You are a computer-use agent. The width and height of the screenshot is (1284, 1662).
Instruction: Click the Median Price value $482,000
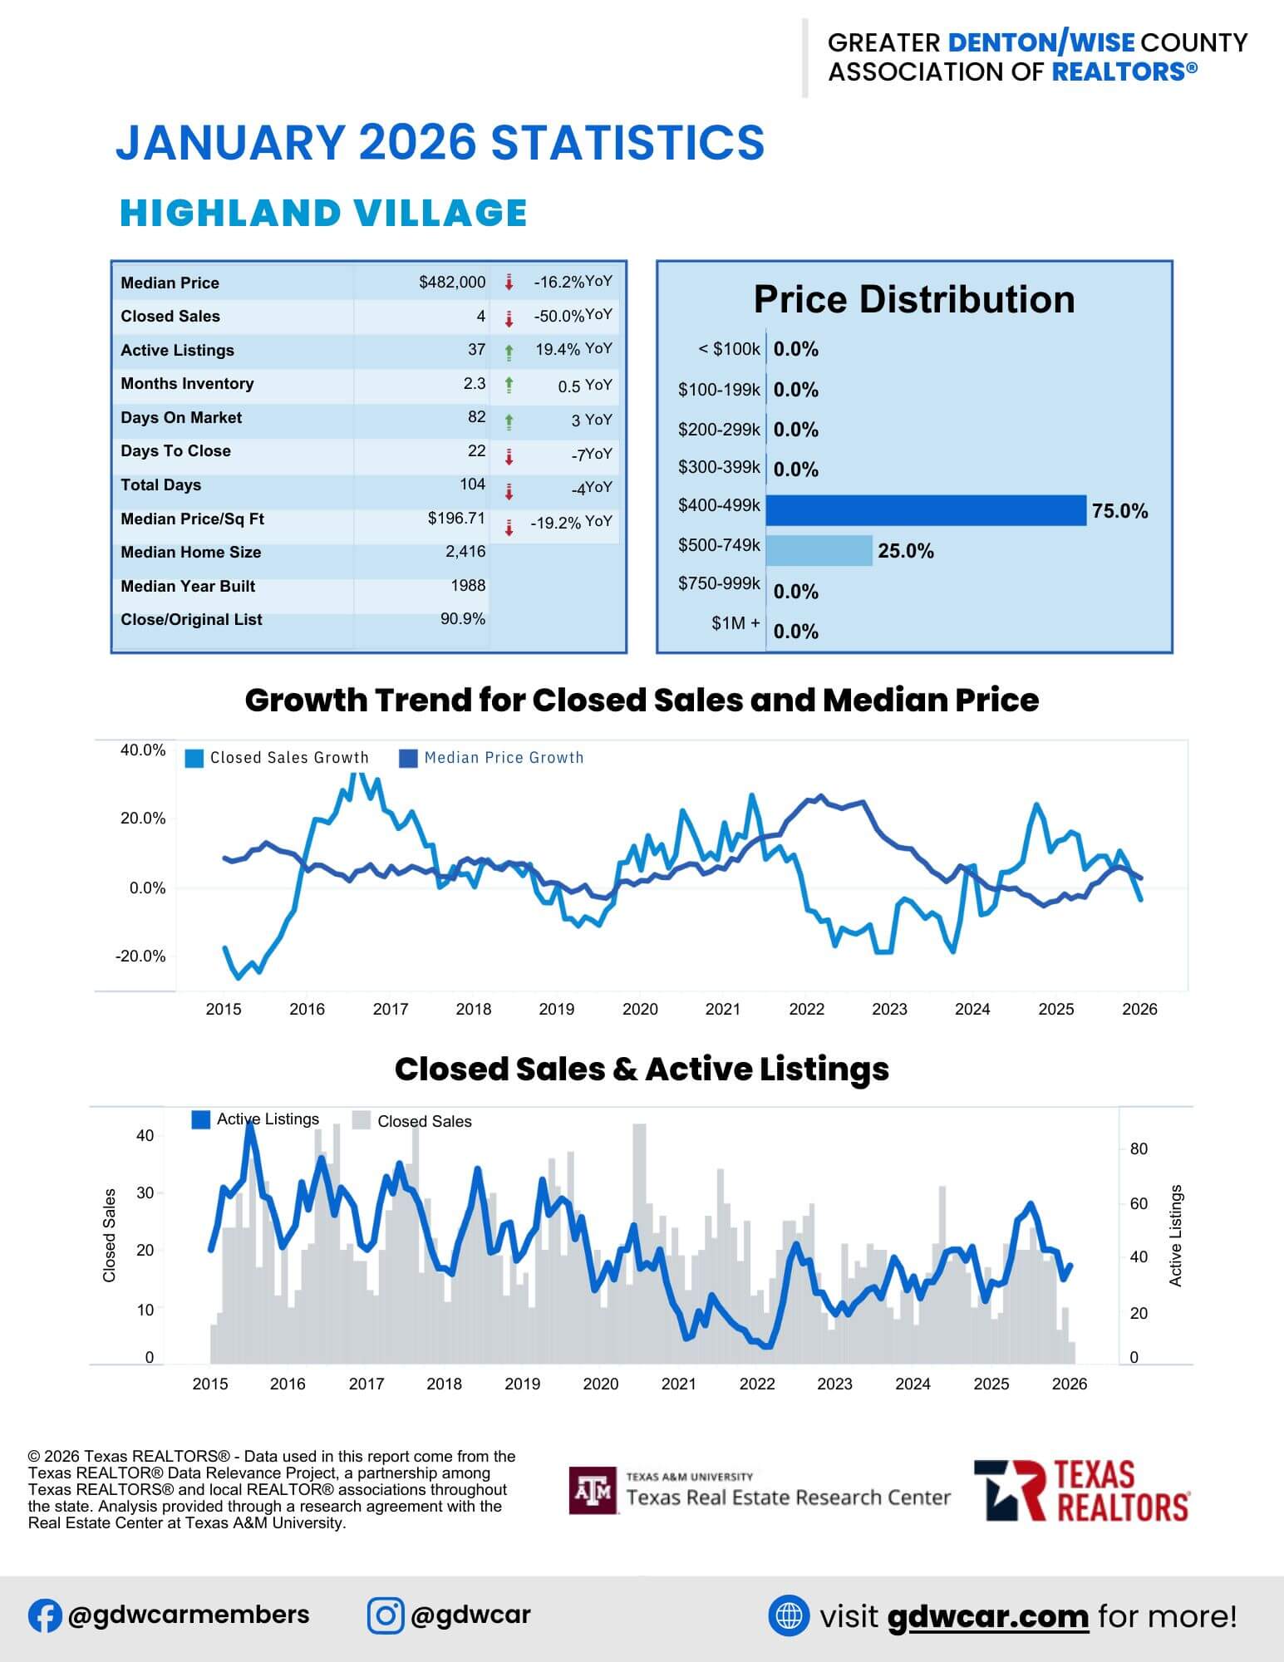[x=452, y=283]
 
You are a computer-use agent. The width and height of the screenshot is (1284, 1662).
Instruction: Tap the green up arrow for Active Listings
[x=509, y=352]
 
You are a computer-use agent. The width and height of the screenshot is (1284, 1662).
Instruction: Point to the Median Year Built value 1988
[x=468, y=586]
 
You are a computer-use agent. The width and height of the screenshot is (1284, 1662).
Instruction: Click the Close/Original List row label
[x=191, y=620]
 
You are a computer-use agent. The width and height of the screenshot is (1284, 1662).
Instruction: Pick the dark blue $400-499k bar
[x=925, y=510]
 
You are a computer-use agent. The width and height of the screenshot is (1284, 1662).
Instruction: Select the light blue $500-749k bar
[x=819, y=550]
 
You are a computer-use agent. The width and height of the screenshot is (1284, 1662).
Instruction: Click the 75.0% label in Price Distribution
[x=1119, y=511]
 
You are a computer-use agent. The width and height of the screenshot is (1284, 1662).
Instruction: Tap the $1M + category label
[x=735, y=623]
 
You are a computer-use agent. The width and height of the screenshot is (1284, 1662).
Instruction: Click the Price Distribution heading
[x=913, y=300]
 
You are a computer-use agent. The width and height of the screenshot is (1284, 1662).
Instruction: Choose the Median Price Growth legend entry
[x=492, y=758]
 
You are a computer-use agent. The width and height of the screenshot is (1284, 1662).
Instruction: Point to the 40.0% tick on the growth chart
[x=143, y=750]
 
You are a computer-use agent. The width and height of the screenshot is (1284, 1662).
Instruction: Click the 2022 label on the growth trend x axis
[x=806, y=1009]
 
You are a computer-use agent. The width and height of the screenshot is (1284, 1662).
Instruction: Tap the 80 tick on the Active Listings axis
[x=1139, y=1148]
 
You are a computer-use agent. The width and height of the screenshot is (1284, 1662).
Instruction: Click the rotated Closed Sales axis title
[x=109, y=1235]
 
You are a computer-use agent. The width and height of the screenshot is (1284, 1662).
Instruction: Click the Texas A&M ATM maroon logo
[x=593, y=1490]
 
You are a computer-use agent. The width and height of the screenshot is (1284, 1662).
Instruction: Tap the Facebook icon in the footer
[x=45, y=1615]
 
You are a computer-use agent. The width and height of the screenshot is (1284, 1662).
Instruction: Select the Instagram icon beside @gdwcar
[x=386, y=1615]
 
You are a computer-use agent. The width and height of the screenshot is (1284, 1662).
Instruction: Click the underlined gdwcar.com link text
[x=987, y=1616]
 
